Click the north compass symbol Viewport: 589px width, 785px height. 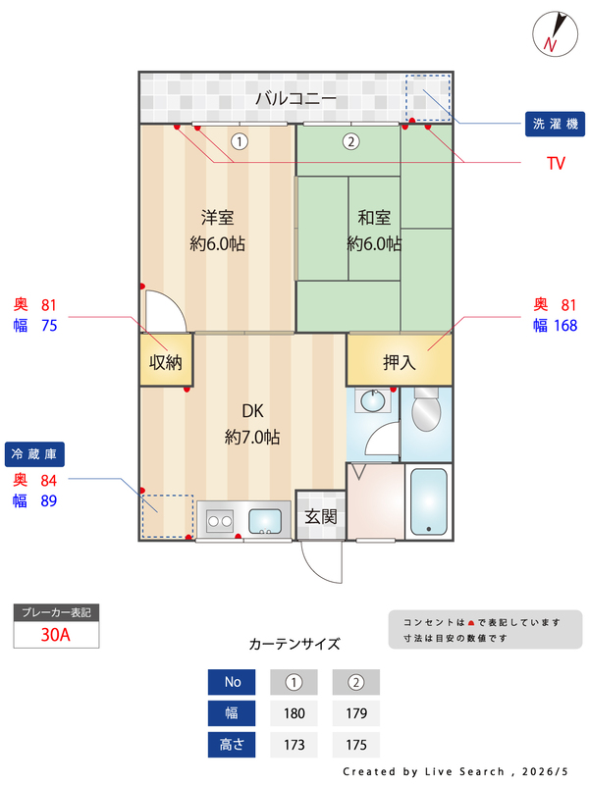(x=555, y=33)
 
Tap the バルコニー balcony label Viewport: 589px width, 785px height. (x=296, y=99)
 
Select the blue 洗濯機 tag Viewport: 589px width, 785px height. (x=555, y=124)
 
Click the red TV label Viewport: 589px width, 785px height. (x=556, y=163)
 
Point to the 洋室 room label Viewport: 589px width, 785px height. (x=217, y=218)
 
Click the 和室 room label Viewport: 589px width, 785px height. (x=374, y=218)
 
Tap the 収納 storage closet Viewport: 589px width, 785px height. (x=166, y=360)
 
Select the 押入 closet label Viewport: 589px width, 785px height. (x=400, y=362)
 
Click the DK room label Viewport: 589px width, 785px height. (x=252, y=411)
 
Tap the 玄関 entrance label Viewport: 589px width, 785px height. (x=321, y=516)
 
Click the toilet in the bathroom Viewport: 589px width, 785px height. (x=426, y=409)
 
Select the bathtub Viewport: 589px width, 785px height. (x=429, y=501)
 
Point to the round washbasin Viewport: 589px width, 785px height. (x=373, y=400)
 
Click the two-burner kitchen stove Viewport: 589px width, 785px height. (x=220, y=521)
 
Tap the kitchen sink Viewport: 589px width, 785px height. (x=265, y=521)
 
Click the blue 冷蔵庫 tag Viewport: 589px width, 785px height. (x=34, y=454)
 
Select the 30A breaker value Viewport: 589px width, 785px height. (x=56, y=634)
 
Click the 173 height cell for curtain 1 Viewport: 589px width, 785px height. (x=294, y=745)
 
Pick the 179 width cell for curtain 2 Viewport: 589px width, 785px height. (x=356, y=713)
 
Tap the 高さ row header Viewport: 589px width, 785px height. (x=232, y=745)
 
